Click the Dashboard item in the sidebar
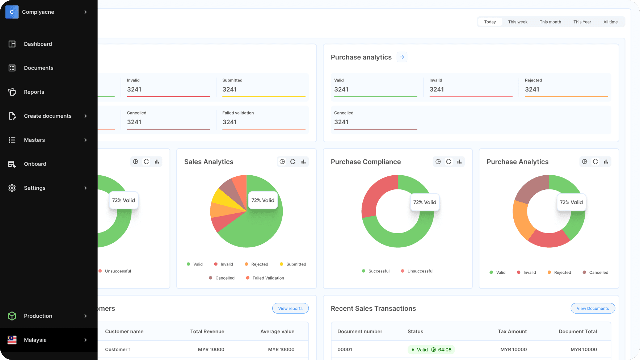tap(38, 44)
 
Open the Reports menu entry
tap(34, 92)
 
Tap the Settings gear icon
tap(12, 188)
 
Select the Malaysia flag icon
tap(12, 340)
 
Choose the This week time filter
tap(518, 22)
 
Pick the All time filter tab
tap(610, 22)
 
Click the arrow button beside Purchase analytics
tap(402, 57)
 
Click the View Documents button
tap(593, 308)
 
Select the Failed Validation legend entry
tap(268, 278)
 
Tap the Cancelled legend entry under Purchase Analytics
tap(598, 272)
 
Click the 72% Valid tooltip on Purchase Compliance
tap(425, 202)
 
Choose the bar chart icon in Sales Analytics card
tap(303, 162)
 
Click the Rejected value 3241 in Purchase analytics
tap(532, 89)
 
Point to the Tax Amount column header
tap(512, 331)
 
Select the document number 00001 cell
tap(345, 349)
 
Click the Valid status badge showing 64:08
tap(431, 349)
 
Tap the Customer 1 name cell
tap(118, 349)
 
